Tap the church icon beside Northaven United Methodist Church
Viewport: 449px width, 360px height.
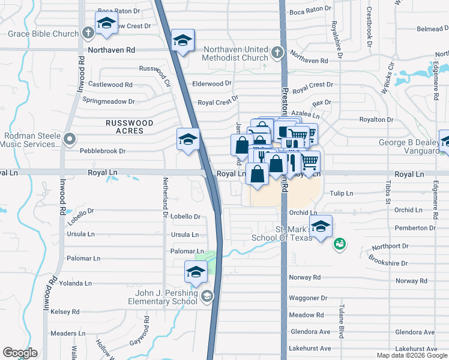(277, 52)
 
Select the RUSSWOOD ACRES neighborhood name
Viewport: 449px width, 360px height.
(129, 127)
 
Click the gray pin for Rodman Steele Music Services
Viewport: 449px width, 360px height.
(70, 140)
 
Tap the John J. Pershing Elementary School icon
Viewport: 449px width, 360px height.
(206, 295)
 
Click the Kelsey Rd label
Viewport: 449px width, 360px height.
(65, 311)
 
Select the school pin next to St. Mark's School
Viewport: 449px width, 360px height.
(321, 226)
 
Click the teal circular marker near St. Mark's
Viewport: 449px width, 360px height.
(339, 244)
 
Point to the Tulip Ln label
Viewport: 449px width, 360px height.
(341, 193)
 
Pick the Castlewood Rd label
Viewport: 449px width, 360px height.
(110, 85)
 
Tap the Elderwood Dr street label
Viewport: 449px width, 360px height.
(211, 83)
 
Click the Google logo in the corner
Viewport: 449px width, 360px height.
(20, 353)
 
